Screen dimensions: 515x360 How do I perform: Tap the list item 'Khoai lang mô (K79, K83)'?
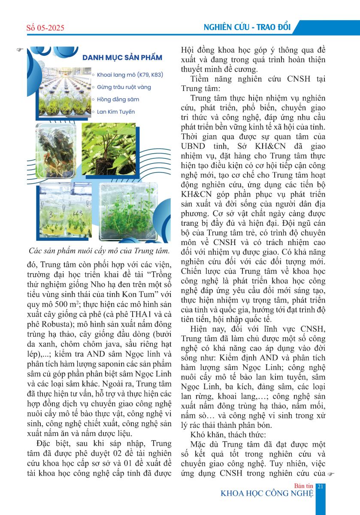(x=130, y=75)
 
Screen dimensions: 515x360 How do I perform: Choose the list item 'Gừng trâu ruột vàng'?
(x=124, y=87)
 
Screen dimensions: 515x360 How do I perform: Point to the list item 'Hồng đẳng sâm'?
(x=118, y=100)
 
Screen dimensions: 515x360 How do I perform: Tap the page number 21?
(x=321, y=485)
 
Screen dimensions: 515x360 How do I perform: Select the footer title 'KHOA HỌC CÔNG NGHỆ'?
(x=266, y=493)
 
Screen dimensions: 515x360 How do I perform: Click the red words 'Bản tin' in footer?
(x=304, y=485)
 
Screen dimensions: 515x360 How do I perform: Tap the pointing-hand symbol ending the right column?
(x=330, y=474)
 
